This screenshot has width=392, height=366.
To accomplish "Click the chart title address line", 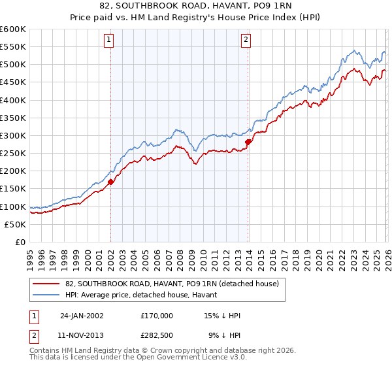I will pos(196,7).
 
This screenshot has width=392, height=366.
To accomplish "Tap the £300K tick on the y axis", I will pos(13,136).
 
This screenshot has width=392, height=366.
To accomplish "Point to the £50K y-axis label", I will pos(15,224).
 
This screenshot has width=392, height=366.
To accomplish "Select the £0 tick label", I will pos(21,242).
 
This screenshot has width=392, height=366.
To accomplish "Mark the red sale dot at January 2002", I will pos(111,182).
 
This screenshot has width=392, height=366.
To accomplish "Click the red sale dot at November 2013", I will pos(248,142).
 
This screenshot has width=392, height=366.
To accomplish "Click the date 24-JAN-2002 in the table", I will pos(82,315).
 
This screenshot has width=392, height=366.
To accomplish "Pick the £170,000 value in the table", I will pos(157,315).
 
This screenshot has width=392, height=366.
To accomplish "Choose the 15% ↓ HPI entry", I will pos(222,315).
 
